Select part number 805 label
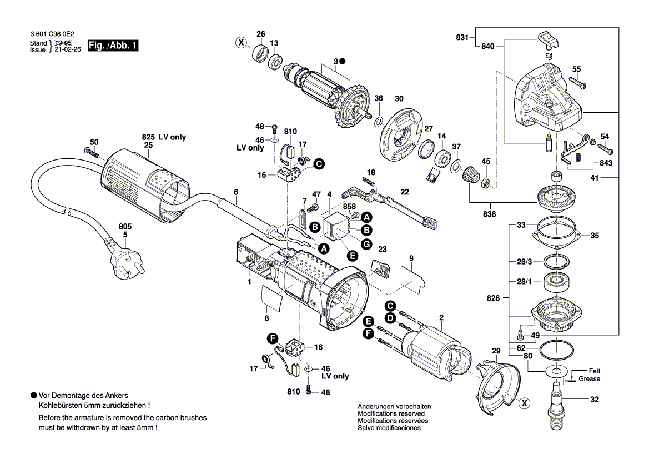(125, 227)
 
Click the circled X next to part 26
(240, 43)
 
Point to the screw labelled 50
(90, 151)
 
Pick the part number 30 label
(399, 99)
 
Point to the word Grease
(590, 379)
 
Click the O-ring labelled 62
(556, 351)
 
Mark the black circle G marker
(366, 243)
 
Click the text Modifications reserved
(391, 414)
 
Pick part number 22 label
(405, 192)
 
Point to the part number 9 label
(411, 258)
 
